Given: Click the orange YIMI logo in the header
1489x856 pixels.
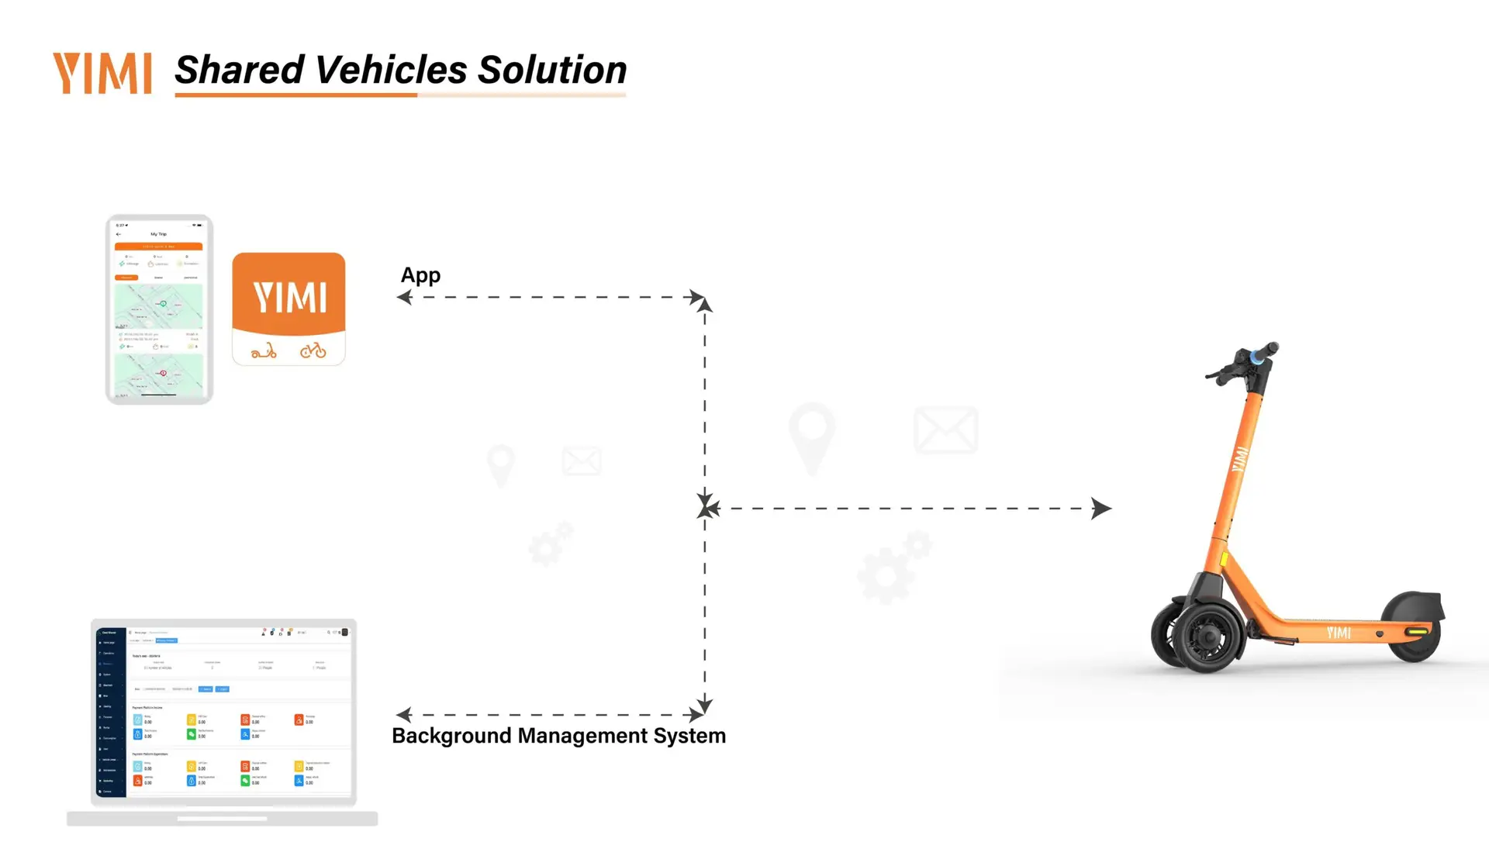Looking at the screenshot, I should coord(102,73).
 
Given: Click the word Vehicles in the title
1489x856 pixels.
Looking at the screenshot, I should coord(391,70).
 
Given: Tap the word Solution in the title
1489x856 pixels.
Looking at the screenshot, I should coord(551,70).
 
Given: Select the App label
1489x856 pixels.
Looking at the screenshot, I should coord(420,275).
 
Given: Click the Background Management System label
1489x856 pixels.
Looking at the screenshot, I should coord(558,736).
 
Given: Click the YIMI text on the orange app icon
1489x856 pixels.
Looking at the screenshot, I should coord(289,298).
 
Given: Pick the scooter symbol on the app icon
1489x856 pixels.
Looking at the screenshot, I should coord(264,351).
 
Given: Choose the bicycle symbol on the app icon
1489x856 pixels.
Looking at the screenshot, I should coord(313,351).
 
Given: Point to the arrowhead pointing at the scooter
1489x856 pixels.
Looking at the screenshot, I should coord(1100,509).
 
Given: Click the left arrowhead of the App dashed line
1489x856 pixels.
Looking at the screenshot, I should coord(404,297).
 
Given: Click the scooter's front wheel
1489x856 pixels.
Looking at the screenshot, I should coord(1206,636).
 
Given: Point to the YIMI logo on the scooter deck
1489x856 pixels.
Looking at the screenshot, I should coord(1339,633).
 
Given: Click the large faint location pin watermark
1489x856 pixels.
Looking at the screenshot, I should coord(811,434).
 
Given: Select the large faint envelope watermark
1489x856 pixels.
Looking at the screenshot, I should coord(945,430).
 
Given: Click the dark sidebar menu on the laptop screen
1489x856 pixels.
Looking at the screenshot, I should coord(110,712).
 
